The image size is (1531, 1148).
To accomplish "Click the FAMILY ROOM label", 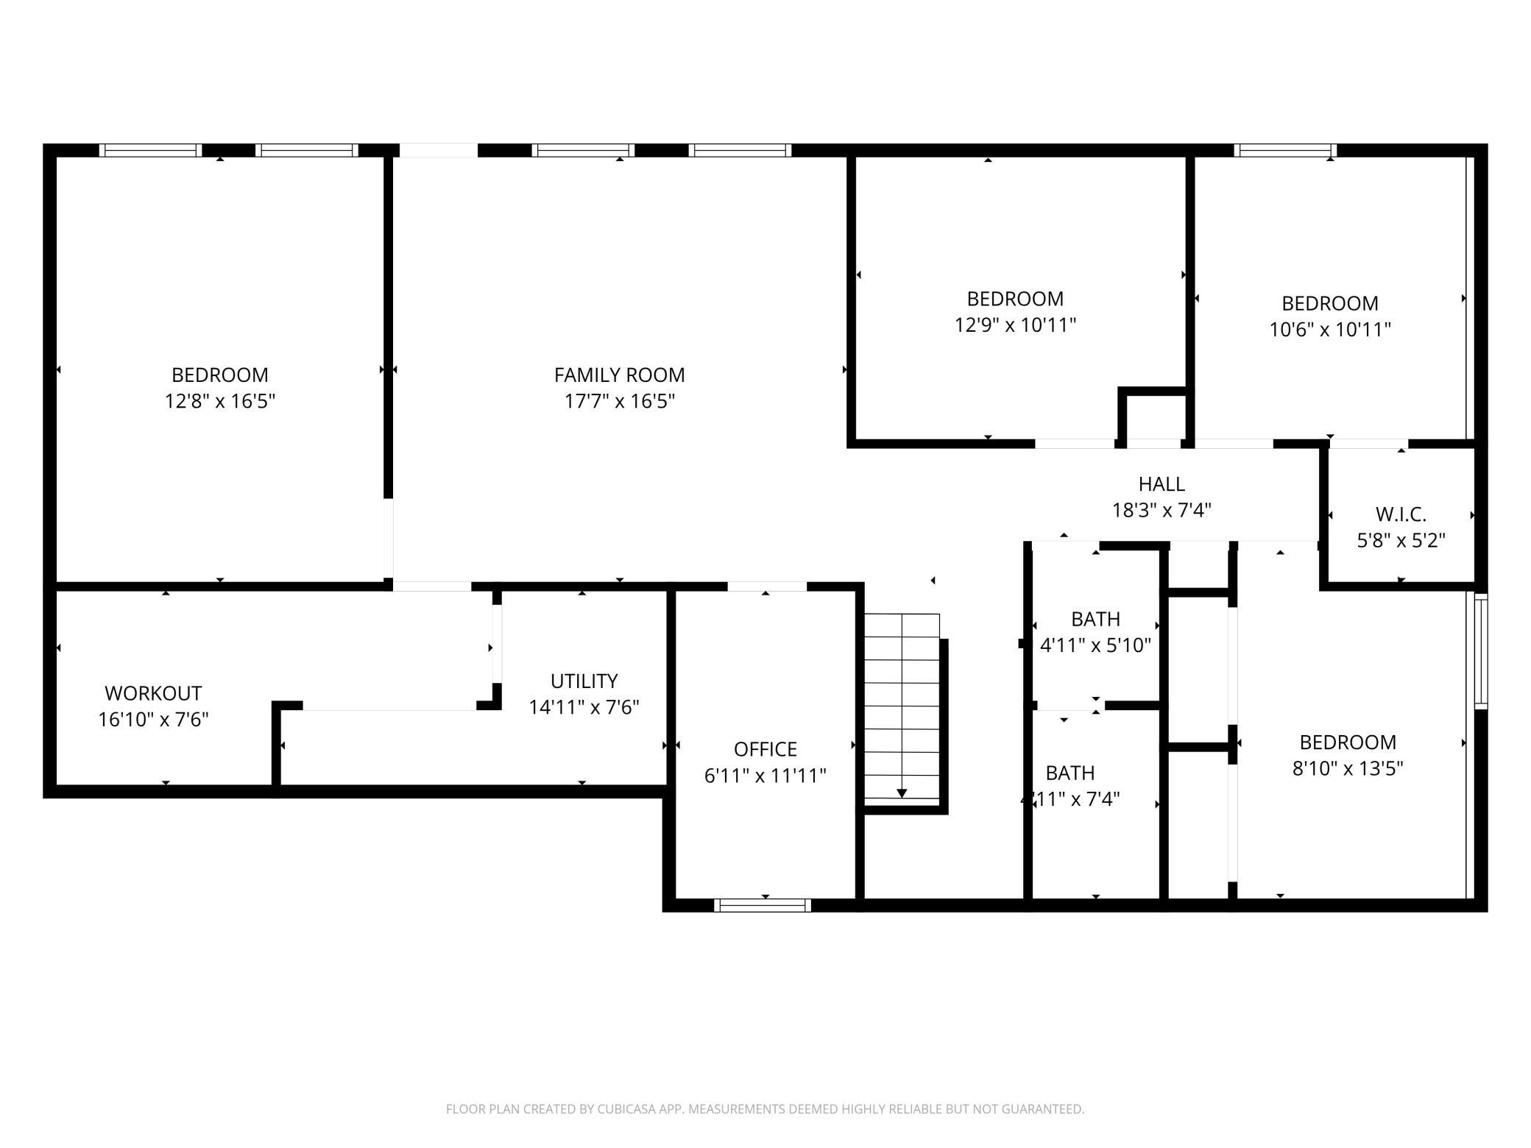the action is point(619,375).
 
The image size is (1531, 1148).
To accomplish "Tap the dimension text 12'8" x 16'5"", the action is point(220,401).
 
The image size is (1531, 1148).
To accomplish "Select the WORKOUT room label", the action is point(153,693).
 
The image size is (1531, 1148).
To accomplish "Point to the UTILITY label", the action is point(584,681).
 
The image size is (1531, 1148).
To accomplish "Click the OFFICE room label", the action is point(765,749).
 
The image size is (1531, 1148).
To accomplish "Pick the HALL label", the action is point(1161,484).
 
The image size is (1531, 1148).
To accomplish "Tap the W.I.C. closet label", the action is point(1401,514).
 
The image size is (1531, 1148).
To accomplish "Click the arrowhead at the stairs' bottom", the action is point(902,793).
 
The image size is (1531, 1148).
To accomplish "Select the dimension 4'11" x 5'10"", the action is point(1095,645).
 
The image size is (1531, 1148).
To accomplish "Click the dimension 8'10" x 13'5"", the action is point(1348,768).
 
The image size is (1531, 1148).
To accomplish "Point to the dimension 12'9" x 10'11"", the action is point(1015,325).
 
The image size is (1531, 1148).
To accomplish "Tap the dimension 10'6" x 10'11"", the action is point(1330,329).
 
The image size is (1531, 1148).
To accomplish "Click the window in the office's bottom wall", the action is point(763,905).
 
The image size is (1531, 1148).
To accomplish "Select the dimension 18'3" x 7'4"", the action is point(1161,510).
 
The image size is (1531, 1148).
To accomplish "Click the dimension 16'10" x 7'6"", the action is point(153,719).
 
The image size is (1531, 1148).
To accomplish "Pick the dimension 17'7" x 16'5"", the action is point(619,401).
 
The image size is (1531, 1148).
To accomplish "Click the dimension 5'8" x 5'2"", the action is point(1401,540).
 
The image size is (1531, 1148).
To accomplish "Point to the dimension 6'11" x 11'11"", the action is point(765,775).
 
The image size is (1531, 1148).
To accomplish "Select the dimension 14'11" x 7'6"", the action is point(584,707).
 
